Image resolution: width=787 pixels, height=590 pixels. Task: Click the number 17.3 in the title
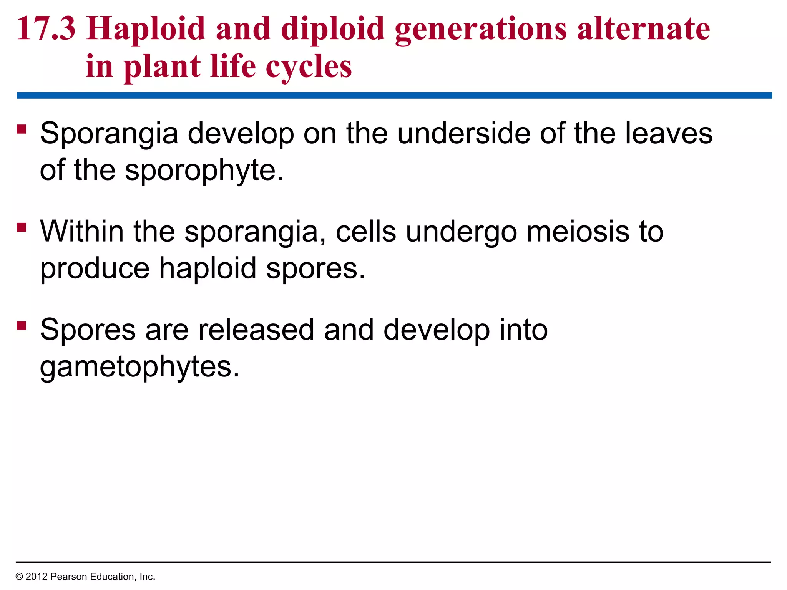(x=46, y=29)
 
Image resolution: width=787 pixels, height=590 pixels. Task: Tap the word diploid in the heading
(x=333, y=29)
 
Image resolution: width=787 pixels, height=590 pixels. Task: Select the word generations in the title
(x=481, y=29)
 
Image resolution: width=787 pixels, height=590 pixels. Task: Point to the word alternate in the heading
(x=643, y=29)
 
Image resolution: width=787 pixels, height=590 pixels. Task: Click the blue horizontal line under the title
(x=394, y=95)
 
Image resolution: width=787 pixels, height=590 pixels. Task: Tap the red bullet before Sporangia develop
(x=22, y=129)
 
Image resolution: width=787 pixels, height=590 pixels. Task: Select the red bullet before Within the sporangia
(x=22, y=227)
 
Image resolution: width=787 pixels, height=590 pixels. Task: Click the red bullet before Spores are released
(x=22, y=326)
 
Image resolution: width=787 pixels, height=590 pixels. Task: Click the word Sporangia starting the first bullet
(x=109, y=134)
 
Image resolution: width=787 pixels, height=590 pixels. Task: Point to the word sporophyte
(x=204, y=170)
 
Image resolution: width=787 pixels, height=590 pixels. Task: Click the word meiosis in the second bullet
(x=578, y=232)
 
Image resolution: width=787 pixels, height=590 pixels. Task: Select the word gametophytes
(x=139, y=367)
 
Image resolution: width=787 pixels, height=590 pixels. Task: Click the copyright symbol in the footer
(x=19, y=577)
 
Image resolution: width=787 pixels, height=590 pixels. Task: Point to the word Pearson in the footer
(x=69, y=577)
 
